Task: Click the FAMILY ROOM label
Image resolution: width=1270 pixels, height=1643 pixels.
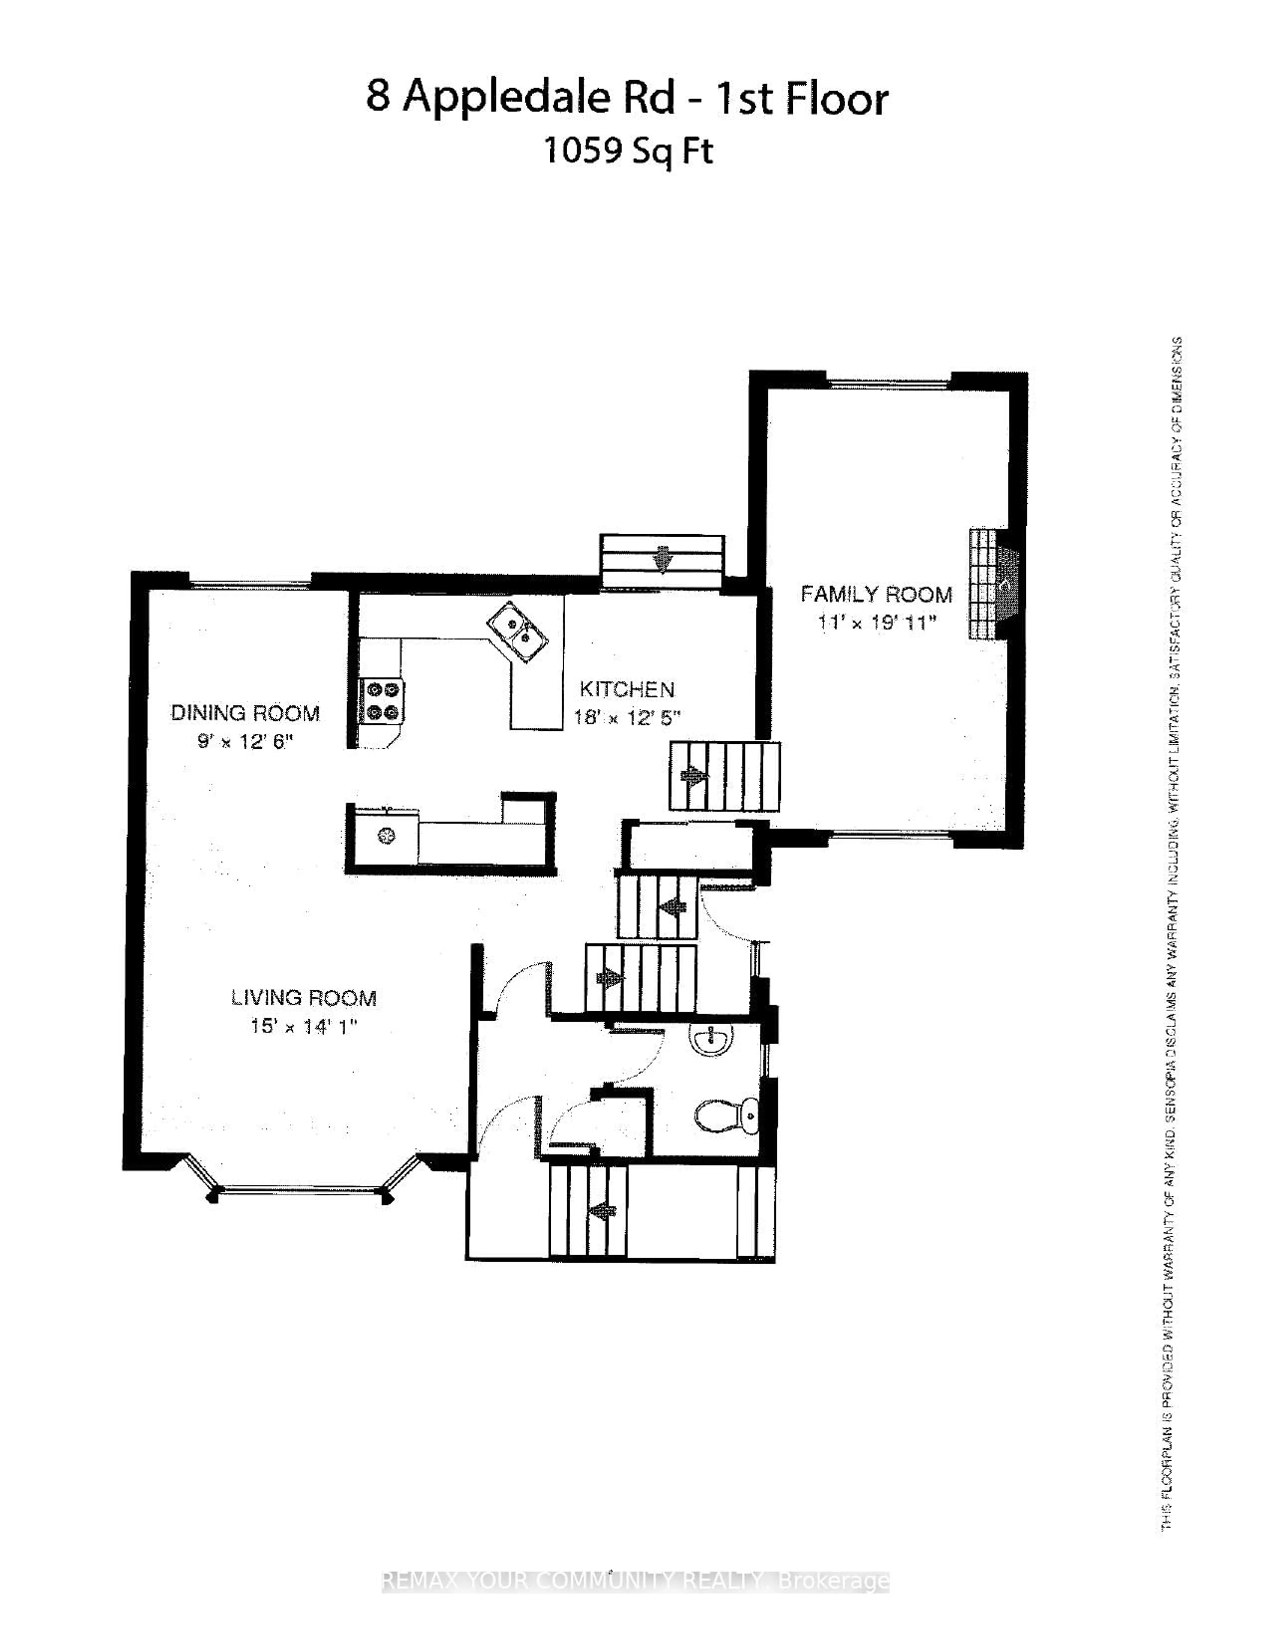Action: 876,594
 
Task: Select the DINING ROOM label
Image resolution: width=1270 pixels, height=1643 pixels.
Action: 245,713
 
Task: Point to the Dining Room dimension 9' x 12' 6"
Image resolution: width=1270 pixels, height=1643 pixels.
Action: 245,741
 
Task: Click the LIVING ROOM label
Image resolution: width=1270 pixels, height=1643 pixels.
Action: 303,998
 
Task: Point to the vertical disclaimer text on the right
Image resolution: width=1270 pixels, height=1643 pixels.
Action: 1172,933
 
